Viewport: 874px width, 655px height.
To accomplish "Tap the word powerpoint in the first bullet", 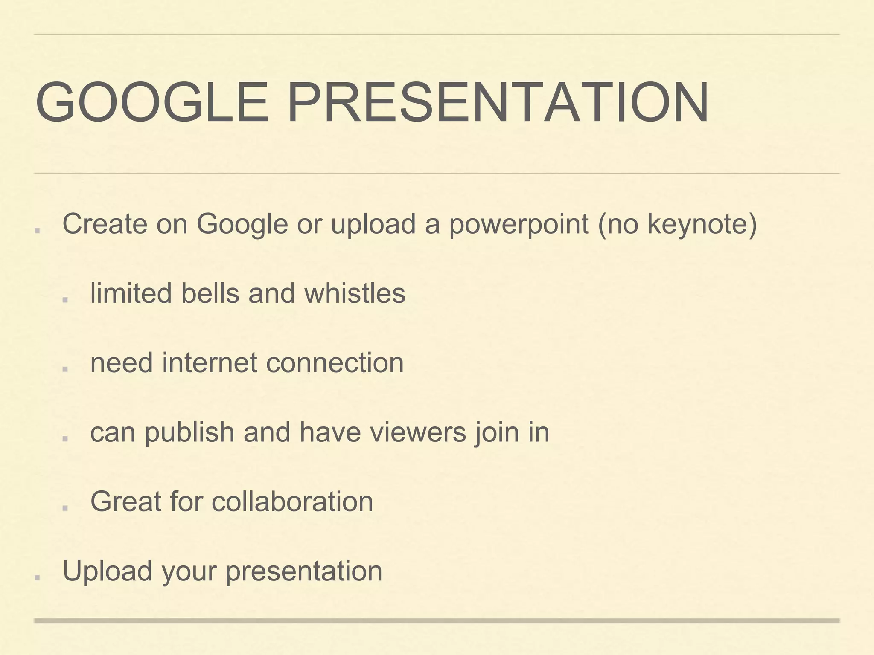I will (x=519, y=224).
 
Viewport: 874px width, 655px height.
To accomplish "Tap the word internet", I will (x=209, y=363).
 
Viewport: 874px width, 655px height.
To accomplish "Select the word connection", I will (x=335, y=363).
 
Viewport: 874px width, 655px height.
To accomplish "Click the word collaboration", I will (x=292, y=501).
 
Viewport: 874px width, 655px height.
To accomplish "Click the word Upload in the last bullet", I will (x=107, y=571).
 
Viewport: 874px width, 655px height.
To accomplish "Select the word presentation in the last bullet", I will (x=303, y=571).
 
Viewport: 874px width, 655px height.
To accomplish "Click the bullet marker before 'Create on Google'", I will (x=38, y=230).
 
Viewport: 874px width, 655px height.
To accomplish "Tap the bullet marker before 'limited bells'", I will (x=65, y=300).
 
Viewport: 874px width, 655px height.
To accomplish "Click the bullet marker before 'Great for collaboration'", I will (x=65, y=508).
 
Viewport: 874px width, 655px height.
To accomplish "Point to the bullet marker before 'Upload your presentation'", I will (x=38, y=577).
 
